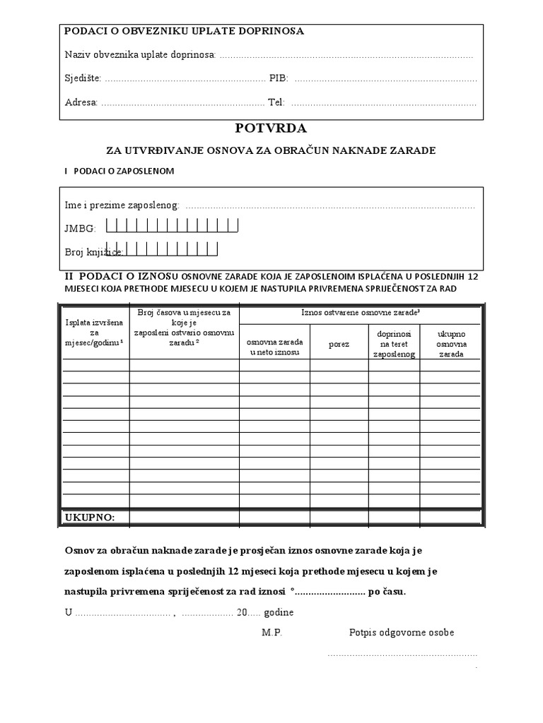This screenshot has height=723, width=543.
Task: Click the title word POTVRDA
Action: click(x=271, y=129)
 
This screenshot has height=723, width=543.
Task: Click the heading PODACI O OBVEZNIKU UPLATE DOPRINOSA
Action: click(x=185, y=31)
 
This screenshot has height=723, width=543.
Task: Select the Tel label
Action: click(x=276, y=102)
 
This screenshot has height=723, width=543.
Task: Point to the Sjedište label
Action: click(x=83, y=78)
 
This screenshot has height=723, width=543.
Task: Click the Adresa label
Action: click(x=81, y=102)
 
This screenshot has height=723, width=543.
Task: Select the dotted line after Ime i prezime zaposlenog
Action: click(x=330, y=206)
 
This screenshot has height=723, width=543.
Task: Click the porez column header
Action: click(x=339, y=345)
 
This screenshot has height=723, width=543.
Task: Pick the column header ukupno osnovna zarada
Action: click(x=450, y=342)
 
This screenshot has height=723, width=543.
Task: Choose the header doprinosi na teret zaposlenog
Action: click(x=394, y=342)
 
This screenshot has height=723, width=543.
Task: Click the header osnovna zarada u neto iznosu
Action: click(x=274, y=347)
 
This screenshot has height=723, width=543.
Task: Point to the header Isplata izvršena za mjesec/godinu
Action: click(x=94, y=332)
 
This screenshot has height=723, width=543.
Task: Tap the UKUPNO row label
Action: click(x=90, y=518)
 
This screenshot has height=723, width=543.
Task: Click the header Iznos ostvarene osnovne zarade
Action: click(x=361, y=312)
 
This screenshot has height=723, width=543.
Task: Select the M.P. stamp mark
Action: click(x=271, y=633)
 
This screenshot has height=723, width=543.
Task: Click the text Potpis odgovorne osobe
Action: click(x=402, y=633)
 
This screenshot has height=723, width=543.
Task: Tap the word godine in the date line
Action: click(x=279, y=613)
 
